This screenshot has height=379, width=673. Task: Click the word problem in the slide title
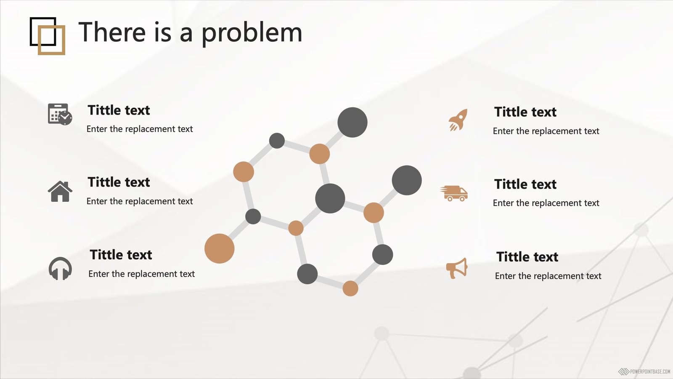(252, 33)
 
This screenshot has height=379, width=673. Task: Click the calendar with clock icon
(60, 114)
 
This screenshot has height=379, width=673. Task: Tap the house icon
(60, 191)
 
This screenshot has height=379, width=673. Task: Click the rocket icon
(458, 120)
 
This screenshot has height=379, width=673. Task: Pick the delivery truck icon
(454, 193)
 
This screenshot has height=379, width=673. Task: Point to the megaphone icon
(457, 268)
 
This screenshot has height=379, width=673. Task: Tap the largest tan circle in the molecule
(219, 248)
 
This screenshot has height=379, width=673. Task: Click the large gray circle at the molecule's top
(352, 123)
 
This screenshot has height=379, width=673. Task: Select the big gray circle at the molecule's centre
(330, 198)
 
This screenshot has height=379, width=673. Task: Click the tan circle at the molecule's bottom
(350, 288)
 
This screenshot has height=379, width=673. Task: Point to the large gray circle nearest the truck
(407, 180)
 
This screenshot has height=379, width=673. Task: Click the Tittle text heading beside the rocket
(525, 112)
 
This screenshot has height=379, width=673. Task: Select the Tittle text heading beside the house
(119, 182)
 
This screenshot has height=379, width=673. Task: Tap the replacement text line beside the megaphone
(548, 276)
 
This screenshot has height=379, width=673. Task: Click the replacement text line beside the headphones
(141, 274)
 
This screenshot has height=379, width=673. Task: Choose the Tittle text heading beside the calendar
(119, 110)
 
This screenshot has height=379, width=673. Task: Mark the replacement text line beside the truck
(546, 203)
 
